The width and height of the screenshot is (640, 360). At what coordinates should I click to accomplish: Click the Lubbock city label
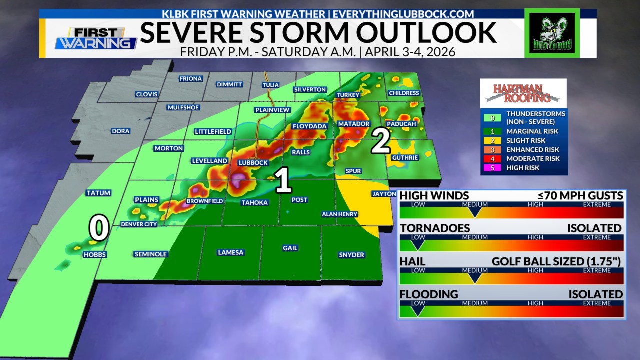click(x=253, y=163)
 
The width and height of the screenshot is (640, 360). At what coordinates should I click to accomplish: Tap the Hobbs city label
click(x=95, y=255)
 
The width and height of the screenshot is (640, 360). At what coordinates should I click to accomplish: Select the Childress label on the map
click(x=403, y=93)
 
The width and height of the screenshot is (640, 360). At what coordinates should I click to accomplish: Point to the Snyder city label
click(x=351, y=255)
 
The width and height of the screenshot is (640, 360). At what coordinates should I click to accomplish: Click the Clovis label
click(x=146, y=94)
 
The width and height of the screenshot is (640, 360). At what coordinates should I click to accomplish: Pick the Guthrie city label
click(x=405, y=158)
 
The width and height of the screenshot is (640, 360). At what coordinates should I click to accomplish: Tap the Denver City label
click(x=139, y=224)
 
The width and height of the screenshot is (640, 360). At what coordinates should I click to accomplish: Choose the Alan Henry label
click(x=339, y=214)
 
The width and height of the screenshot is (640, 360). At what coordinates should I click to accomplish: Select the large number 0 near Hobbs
click(x=99, y=228)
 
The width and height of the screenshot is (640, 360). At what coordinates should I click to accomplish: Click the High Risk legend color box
click(x=492, y=168)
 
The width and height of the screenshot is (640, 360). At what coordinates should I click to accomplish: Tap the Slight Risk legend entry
click(x=525, y=141)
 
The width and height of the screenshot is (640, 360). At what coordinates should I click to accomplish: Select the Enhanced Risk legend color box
click(x=492, y=150)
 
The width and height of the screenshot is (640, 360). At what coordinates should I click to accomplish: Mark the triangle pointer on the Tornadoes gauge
click(x=417, y=245)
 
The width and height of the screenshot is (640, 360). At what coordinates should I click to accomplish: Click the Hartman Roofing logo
click(x=523, y=93)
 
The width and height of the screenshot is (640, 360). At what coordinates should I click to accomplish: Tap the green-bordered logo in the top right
click(x=552, y=33)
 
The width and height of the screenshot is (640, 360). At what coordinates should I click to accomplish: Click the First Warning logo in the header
click(x=96, y=38)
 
